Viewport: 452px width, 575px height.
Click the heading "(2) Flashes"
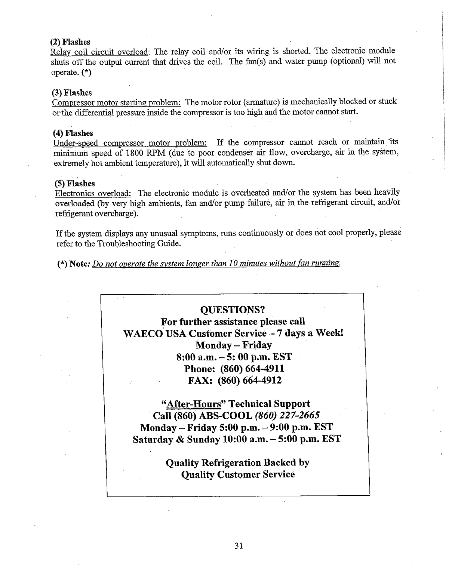coord(70,42)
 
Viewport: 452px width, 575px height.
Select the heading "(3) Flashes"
coord(72,93)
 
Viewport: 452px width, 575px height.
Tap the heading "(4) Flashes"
coord(73,133)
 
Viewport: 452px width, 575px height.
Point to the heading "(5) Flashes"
coord(75,184)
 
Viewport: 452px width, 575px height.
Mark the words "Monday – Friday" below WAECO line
coord(233,345)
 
